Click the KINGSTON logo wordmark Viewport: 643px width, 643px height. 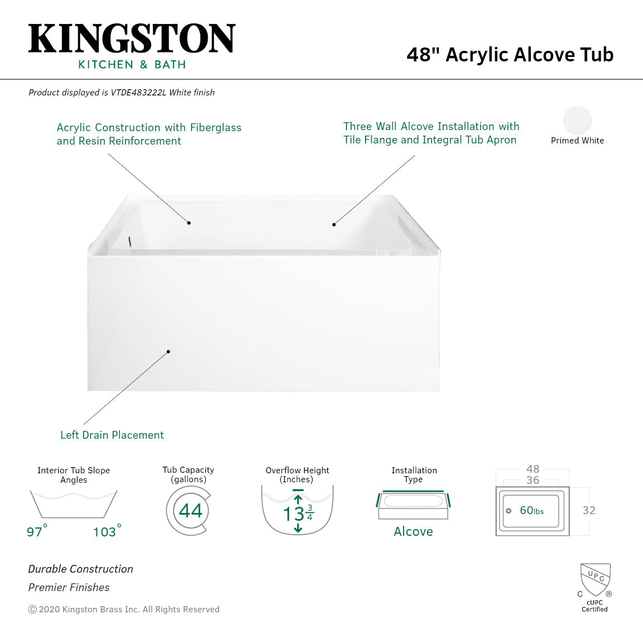tap(132, 39)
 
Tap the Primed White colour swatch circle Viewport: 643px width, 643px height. tap(577, 121)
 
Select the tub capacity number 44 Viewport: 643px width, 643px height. tap(190, 511)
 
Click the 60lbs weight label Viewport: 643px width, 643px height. tap(531, 510)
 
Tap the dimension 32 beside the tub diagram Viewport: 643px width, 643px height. tap(588, 510)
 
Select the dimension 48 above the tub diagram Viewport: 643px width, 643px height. tap(532, 469)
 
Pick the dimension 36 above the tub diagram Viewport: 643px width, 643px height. tap(532, 480)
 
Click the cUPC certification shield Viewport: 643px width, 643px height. tap(595, 579)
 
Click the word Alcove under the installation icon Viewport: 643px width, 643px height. tap(413, 531)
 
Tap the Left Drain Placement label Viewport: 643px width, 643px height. tap(112, 435)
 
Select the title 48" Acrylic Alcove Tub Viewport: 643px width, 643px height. tap(510, 55)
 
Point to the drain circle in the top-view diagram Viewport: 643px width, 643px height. tap(508, 511)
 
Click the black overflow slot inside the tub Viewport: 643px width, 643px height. tap(129, 242)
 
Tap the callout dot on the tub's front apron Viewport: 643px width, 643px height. tap(168, 352)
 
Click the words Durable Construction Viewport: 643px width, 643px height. tap(81, 569)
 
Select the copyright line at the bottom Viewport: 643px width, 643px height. tap(124, 609)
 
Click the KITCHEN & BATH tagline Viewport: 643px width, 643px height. tap(132, 65)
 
